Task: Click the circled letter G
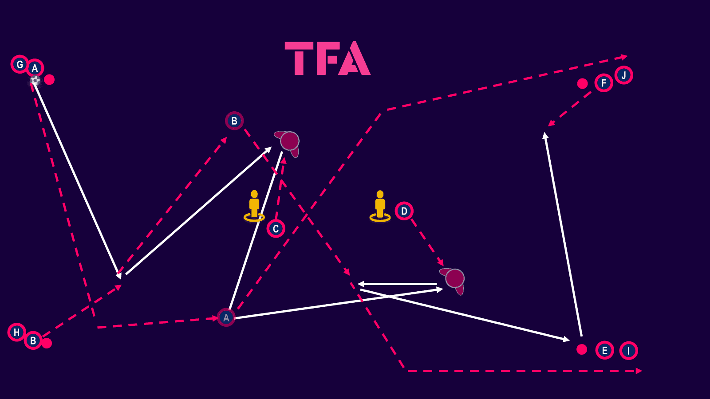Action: (20, 65)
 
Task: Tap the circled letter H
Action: (16, 332)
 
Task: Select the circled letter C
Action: (276, 229)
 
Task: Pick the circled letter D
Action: (404, 211)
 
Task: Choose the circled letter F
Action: (603, 83)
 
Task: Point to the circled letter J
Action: (623, 75)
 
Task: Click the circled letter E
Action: (604, 351)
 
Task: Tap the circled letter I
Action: (628, 351)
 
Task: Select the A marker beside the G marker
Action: (35, 69)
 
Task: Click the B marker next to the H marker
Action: (33, 340)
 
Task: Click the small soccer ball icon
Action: (35, 80)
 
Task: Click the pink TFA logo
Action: (327, 59)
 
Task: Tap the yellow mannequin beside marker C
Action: (254, 206)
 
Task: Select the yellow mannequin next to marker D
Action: (380, 206)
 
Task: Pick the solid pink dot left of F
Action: (582, 83)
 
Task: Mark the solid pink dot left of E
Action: (582, 349)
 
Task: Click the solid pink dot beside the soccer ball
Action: (49, 80)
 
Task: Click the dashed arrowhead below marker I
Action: (639, 371)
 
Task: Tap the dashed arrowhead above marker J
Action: (624, 57)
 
